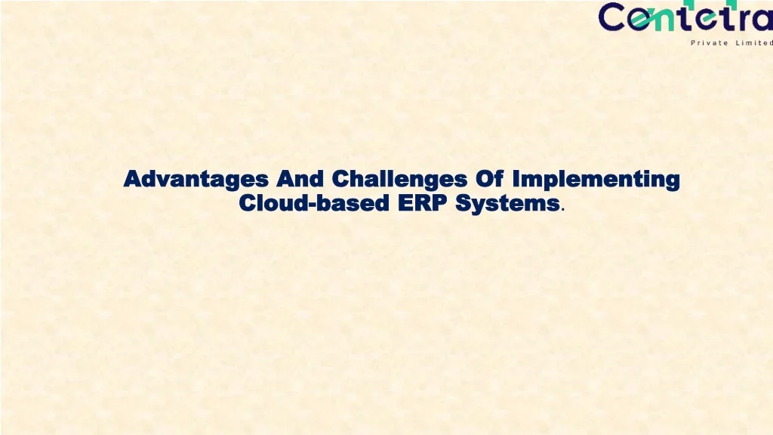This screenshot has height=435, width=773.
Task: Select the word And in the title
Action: [300, 180]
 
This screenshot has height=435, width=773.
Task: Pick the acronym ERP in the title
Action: [421, 203]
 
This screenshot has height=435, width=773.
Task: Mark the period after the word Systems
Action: [563, 209]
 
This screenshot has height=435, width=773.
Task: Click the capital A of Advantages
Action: [132, 180]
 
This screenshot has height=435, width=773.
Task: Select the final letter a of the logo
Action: [760, 18]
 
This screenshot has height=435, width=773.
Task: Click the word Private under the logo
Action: [710, 42]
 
